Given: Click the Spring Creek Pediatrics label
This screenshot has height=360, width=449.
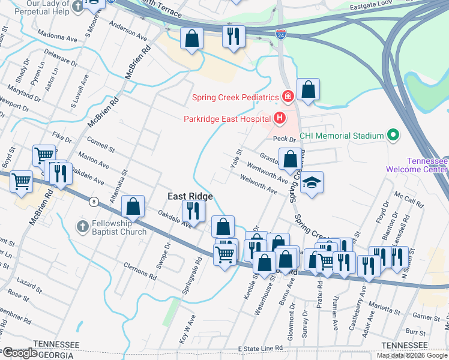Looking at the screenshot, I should pos(235,97).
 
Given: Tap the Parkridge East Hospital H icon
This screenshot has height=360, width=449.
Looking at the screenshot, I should pos(279,118).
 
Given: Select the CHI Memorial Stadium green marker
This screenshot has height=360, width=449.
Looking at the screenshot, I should pos(394,135).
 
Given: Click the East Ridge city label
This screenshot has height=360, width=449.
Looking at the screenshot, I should pos(190,196).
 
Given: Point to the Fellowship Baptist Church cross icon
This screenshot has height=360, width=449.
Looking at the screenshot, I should pos(83,226).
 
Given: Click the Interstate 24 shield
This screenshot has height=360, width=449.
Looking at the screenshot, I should pos(280,35).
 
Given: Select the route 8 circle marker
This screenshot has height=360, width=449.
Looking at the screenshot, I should pos(94,202).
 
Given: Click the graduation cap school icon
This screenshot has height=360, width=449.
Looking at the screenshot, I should pos(311,182).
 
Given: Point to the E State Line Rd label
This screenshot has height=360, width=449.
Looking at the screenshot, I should pos(260,349).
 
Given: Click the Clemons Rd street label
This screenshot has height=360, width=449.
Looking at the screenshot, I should pos(140,272).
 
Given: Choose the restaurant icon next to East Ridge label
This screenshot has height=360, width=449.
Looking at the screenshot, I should pos(193,211).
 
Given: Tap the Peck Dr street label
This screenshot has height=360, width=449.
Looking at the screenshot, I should pos(282,139).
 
